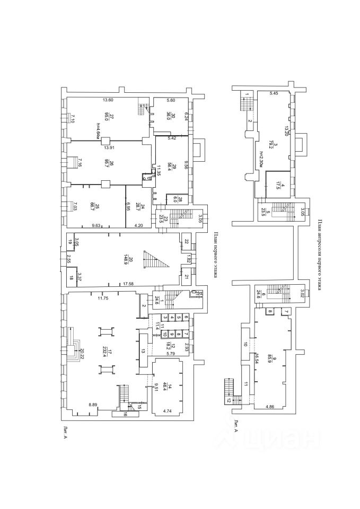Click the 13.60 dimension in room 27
(108, 100)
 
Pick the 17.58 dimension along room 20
(128, 285)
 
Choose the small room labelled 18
(71, 277)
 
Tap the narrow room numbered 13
(143, 351)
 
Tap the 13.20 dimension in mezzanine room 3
(286, 130)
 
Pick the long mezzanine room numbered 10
(245, 344)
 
